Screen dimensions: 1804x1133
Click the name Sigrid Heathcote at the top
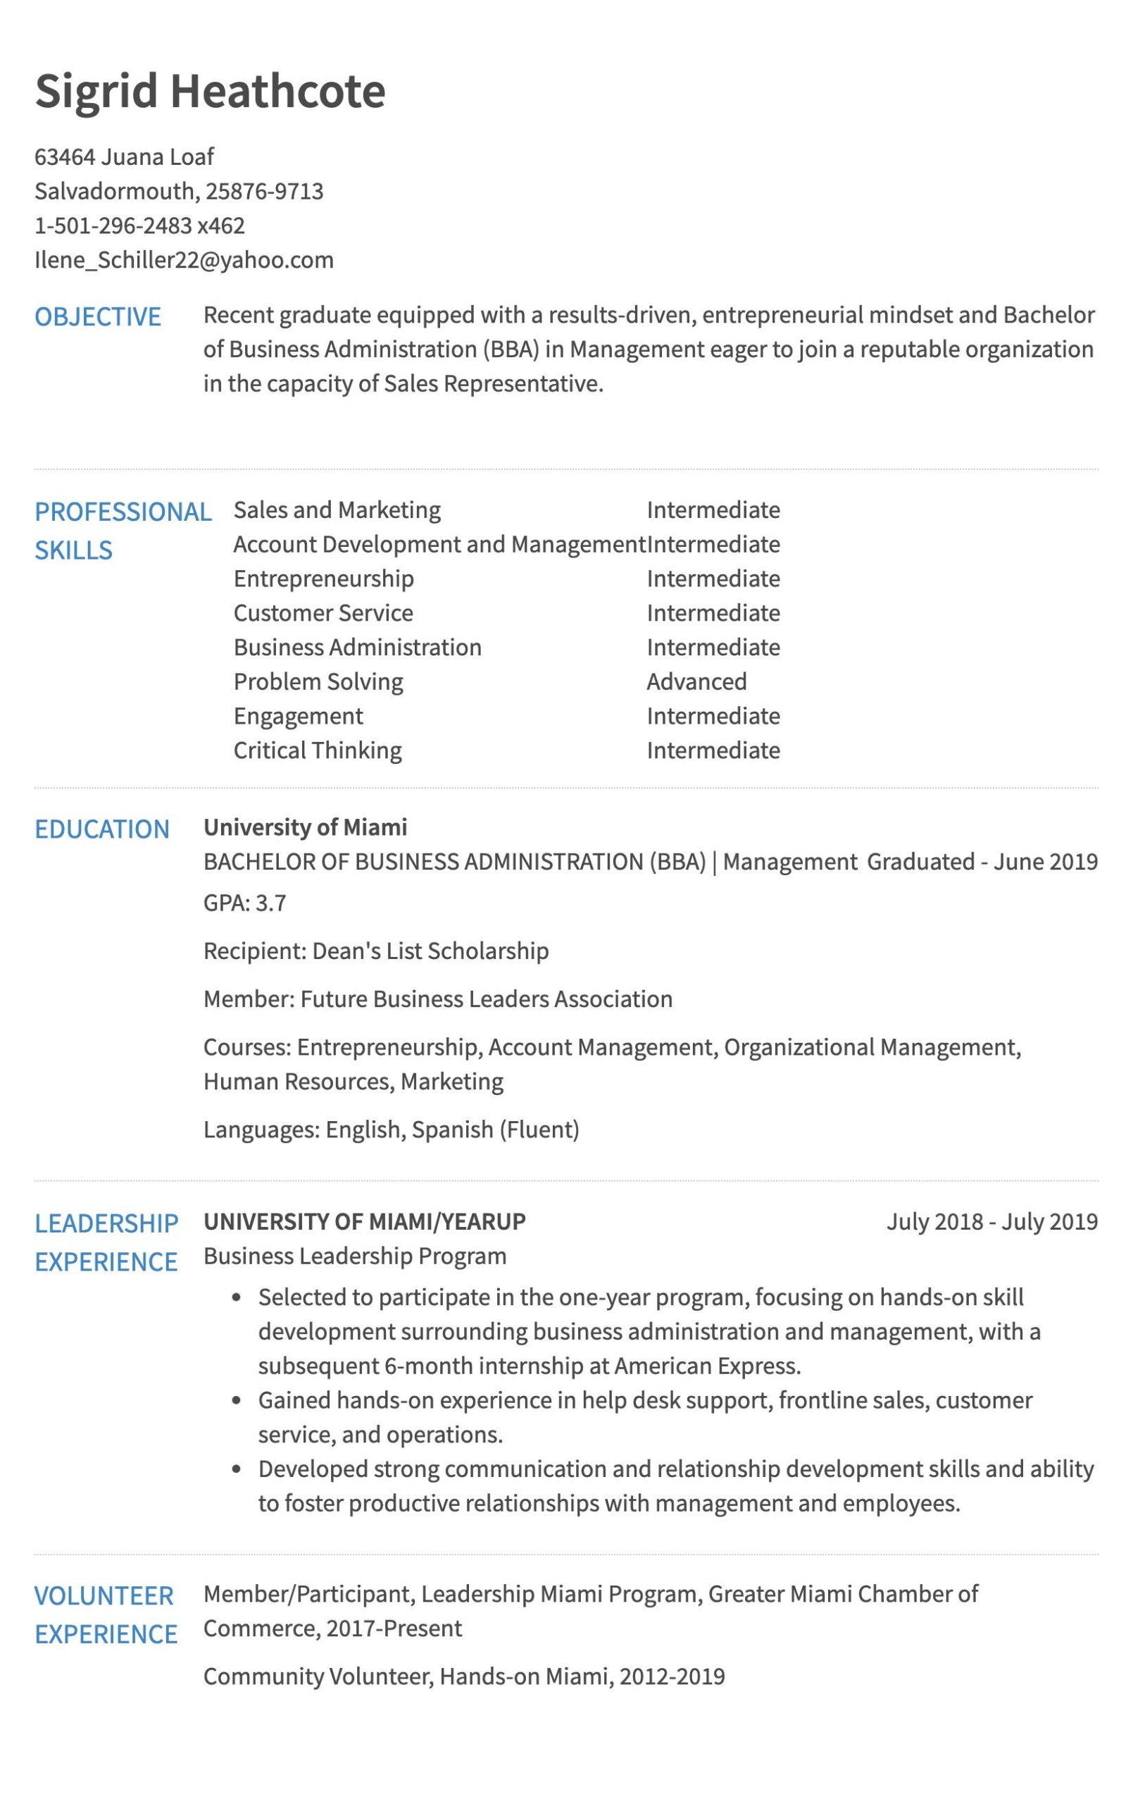pyautogui.click(x=210, y=92)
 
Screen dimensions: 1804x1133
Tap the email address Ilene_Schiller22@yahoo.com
pyautogui.click(x=184, y=260)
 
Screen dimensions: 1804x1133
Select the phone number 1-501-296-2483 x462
pyautogui.click(x=140, y=225)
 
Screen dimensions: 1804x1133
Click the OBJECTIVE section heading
pyautogui.click(x=97, y=317)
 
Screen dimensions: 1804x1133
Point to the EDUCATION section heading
pyautogui.click(x=102, y=829)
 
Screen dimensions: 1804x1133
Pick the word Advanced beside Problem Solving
pyautogui.click(x=696, y=681)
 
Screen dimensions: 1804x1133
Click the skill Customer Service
pyautogui.click(x=323, y=613)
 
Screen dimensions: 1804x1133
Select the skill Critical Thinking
pyautogui.click(x=318, y=750)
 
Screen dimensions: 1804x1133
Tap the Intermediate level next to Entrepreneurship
pyautogui.click(x=713, y=579)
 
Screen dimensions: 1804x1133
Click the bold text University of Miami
pyautogui.click(x=306, y=827)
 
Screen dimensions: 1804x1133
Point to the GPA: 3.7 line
pyautogui.click(x=245, y=903)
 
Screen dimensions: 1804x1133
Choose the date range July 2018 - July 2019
pyautogui.click(x=991, y=1222)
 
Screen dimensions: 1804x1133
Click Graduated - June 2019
pyautogui.click(x=982, y=862)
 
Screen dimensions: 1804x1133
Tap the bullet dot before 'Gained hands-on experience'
pyautogui.click(x=237, y=1400)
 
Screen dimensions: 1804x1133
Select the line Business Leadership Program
pyautogui.click(x=355, y=1256)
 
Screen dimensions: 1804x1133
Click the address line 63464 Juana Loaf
pyautogui.click(x=125, y=156)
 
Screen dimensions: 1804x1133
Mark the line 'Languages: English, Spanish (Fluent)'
pyautogui.click(x=391, y=1129)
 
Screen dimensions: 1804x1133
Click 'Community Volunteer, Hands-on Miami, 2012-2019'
pyautogui.click(x=463, y=1676)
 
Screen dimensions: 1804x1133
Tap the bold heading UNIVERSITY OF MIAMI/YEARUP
pyautogui.click(x=365, y=1222)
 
